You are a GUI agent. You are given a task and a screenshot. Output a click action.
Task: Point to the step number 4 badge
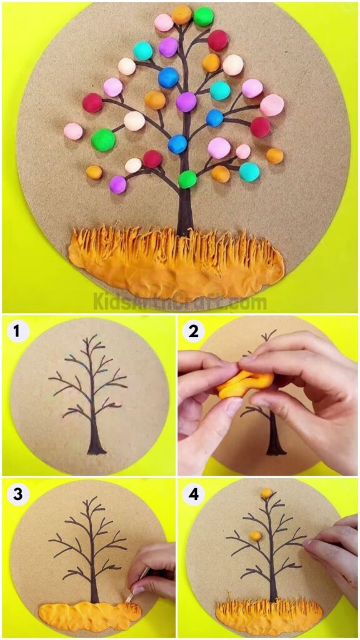tap(194, 494)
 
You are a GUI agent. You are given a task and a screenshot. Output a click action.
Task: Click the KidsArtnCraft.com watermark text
tap(180, 302)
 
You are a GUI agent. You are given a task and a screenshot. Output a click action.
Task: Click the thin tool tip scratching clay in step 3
tap(131, 596)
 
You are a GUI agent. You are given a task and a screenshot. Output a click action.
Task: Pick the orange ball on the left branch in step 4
tap(254, 535)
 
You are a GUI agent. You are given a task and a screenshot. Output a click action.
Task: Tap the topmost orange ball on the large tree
tap(182, 15)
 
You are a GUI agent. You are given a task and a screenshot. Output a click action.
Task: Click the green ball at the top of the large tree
tap(203, 16)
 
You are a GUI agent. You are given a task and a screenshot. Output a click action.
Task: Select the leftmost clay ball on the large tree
tap(73, 131)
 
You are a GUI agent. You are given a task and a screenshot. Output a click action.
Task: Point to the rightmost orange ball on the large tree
tap(275, 156)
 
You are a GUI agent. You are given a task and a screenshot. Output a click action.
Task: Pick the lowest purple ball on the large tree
tap(117, 184)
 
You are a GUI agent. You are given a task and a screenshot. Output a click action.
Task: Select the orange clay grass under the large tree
tap(175, 259)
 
